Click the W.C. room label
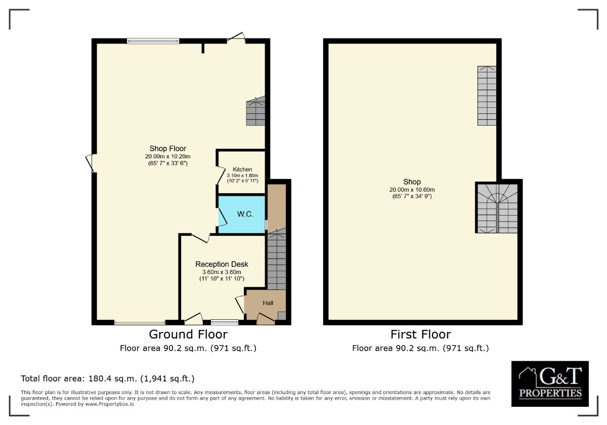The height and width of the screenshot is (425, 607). tap(245, 214)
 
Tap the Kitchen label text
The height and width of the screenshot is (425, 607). tap(242, 169)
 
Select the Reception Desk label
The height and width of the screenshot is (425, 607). tap(222, 264)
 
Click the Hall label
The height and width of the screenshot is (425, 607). tap(268, 303)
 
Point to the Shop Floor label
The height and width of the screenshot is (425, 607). tap(168, 149)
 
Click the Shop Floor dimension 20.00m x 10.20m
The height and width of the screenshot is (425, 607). tap(168, 156)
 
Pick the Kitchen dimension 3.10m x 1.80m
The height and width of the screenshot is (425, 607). tap(242, 176)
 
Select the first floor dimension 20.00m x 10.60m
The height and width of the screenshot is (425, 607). tap(412, 190)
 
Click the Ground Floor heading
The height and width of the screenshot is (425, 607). tap(188, 334)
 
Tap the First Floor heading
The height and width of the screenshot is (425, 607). tap(420, 334)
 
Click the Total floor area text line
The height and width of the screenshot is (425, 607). tap(108, 378)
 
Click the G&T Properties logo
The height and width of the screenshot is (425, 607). tap(550, 384)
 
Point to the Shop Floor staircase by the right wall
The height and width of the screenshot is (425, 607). tap(255, 111)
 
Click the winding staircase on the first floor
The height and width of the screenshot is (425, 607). tap(497, 208)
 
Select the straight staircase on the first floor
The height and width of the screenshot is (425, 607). tap(487, 96)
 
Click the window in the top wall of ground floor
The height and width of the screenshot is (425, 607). tap(153, 41)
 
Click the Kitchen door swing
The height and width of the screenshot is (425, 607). tap(221, 176)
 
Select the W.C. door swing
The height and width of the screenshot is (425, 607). tap(223, 217)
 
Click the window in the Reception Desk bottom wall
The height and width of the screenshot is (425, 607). tap(225, 322)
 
